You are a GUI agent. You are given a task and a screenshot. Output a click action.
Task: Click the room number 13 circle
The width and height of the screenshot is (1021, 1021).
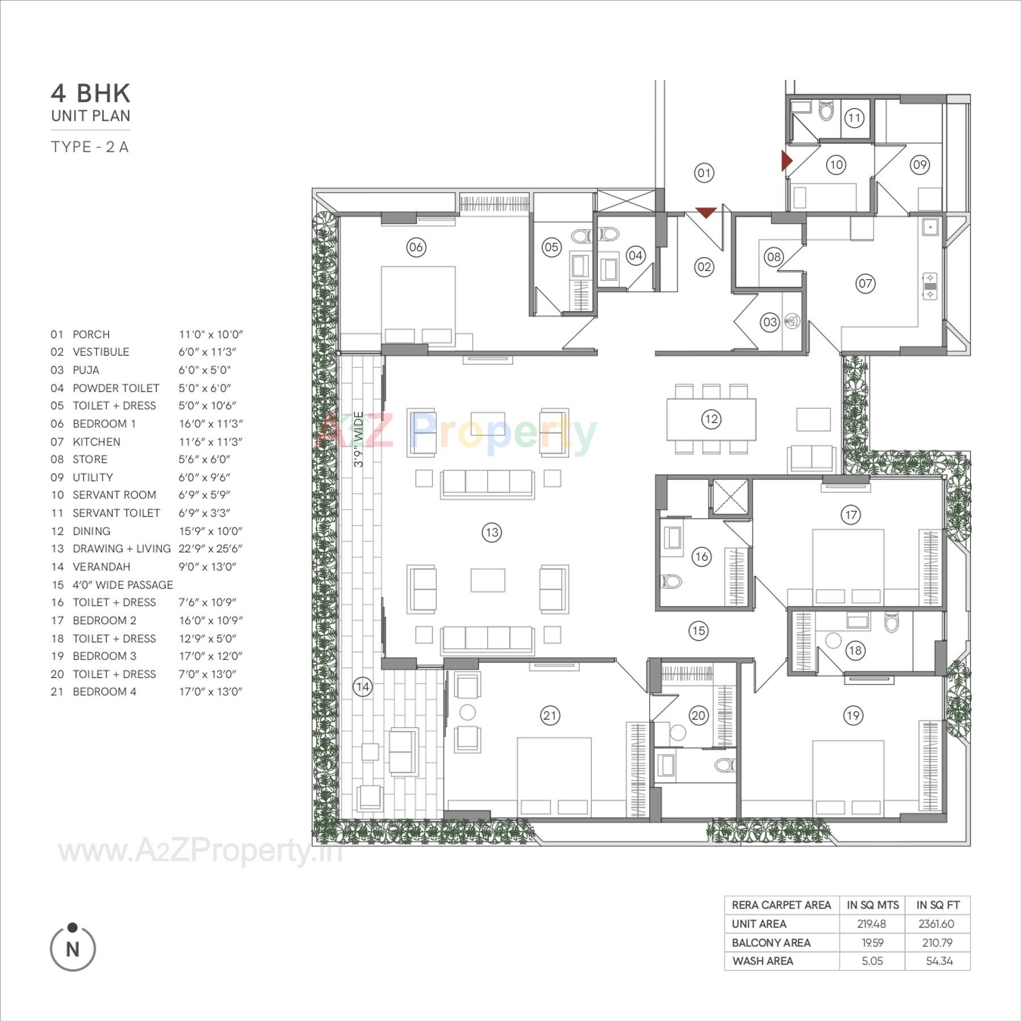(491, 532)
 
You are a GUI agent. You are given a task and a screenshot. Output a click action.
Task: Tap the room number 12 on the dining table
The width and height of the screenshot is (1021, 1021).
(711, 419)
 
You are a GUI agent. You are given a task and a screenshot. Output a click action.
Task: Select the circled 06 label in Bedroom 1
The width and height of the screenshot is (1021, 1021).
(416, 247)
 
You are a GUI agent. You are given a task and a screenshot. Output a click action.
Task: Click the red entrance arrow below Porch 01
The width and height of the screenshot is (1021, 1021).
(705, 213)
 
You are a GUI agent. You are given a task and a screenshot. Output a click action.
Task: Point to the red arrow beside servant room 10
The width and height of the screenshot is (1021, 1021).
(786, 161)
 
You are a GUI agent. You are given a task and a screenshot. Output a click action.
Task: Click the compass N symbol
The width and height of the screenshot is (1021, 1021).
(73, 949)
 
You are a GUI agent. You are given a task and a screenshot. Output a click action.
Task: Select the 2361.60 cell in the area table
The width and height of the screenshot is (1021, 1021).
(936, 924)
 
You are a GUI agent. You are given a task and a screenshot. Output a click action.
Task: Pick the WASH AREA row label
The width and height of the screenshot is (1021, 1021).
(763, 961)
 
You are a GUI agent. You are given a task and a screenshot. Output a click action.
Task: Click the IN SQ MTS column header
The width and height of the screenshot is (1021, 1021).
(872, 905)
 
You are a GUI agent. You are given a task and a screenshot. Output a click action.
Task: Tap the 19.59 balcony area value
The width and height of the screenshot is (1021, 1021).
(872, 943)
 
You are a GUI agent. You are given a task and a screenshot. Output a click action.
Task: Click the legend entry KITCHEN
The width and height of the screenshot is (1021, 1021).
(96, 442)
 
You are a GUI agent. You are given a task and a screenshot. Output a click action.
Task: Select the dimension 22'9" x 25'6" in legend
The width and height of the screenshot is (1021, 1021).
(211, 549)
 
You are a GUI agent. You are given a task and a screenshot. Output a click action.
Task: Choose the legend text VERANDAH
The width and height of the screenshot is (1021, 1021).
(102, 566)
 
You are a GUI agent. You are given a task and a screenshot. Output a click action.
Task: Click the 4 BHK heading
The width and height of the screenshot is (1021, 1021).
(91, 93)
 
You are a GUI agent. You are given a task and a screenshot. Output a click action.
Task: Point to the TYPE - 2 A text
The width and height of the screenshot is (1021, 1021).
(90, 147)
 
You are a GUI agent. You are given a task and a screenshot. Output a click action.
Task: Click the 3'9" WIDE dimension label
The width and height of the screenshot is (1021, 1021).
(358, 440)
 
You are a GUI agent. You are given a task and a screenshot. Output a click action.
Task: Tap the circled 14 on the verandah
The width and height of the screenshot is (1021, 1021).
(362, 687)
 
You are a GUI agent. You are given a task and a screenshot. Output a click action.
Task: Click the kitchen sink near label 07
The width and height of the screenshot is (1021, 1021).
(930, 227)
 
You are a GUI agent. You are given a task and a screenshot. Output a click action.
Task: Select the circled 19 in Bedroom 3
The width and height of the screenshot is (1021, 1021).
(853, 715)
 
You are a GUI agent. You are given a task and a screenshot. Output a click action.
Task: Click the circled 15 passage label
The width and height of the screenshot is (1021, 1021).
(698, 631)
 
